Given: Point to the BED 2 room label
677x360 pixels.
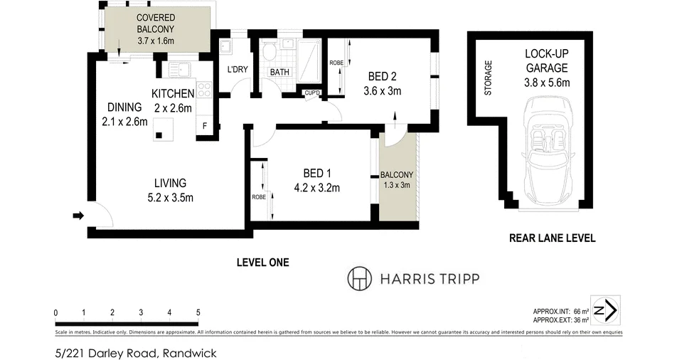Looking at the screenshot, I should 383,77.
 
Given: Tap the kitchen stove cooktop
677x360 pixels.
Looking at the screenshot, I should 204,90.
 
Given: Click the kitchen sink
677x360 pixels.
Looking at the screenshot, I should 179,70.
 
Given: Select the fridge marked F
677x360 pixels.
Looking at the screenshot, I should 205,126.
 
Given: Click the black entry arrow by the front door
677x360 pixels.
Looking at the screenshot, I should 78,214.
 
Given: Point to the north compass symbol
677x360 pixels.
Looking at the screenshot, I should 606,310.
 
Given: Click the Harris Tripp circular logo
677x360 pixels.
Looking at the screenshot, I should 359,278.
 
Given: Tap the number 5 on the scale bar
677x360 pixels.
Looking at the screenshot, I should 198,312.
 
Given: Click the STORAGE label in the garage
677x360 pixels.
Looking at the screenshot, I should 488,78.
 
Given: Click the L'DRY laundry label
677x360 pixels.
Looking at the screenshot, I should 237,70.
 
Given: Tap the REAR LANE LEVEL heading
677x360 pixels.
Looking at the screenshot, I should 552,238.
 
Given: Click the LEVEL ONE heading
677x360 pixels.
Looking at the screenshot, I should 262,263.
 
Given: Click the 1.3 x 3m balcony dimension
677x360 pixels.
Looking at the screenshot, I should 396,185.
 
